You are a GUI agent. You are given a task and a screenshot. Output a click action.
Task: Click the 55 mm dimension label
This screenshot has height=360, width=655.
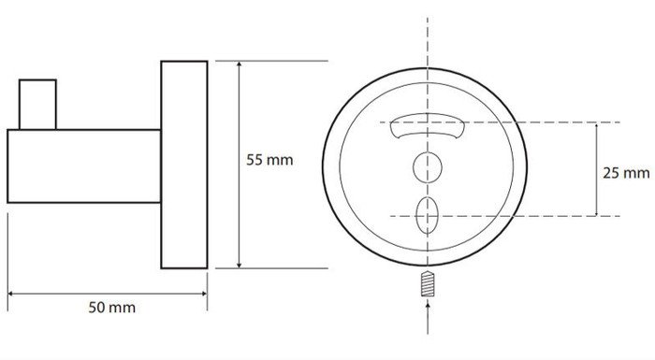pos(269,160)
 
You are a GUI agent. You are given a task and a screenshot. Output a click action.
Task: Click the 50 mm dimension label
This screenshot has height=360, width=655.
pos(112,308)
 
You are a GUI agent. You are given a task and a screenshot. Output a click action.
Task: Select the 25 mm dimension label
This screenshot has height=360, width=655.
pos(626,173)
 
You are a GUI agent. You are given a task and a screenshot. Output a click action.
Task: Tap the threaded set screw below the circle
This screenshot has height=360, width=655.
pos(428,284)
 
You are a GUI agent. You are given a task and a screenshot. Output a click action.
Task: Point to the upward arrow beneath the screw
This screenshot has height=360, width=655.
pos(428,318)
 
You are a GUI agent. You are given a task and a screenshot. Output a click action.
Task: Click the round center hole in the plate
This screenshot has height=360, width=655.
pos(428,167)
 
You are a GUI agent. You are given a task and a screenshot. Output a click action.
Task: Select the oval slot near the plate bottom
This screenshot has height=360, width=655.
pos(427,215)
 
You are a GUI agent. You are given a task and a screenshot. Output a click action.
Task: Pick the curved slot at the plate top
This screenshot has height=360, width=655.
pos(428,125)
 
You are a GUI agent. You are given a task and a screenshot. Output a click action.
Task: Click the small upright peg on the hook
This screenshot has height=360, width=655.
pos(37,105)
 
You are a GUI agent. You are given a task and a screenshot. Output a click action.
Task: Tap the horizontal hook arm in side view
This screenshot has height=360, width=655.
pos(84,166)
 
